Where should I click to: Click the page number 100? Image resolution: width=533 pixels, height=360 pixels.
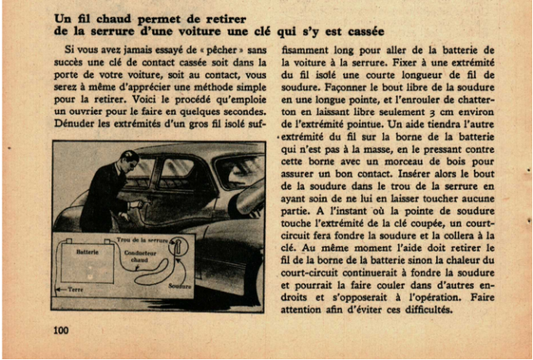(x=61, y=330)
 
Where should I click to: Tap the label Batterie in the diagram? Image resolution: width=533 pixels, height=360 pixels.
(x=87, y=252)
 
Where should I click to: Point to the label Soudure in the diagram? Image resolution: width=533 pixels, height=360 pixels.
(x=180, y=285)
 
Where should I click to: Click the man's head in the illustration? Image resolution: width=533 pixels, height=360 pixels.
(x=128, y=160)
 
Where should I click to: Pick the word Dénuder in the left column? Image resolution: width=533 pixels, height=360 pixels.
(x=75, y=124)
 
